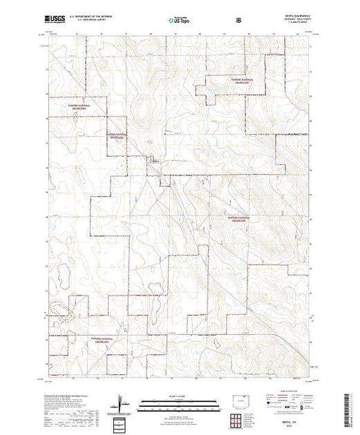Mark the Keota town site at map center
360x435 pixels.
[x=155, y=161]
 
